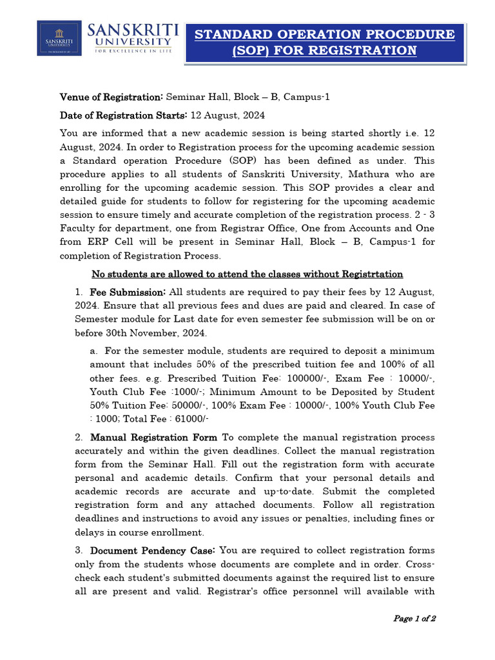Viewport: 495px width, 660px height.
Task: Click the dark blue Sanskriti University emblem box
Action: click(x=59, y=38)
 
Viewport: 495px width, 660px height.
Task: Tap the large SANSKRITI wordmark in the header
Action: click(x=133, y=30)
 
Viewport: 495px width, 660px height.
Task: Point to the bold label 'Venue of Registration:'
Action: click(x=112, y=97)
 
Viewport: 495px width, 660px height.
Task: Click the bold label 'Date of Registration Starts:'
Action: click(x=123, y=115)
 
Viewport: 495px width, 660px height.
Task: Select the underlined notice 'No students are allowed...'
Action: click(x=247, y=274)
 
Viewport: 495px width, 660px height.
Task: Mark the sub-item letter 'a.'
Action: click(x=94, y=351)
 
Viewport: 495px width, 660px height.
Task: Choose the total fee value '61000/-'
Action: click(x=189, y=418)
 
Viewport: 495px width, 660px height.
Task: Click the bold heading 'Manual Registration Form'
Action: click(x=154, y=438)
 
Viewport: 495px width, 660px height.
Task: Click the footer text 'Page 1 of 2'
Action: click(x=414, y=619)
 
